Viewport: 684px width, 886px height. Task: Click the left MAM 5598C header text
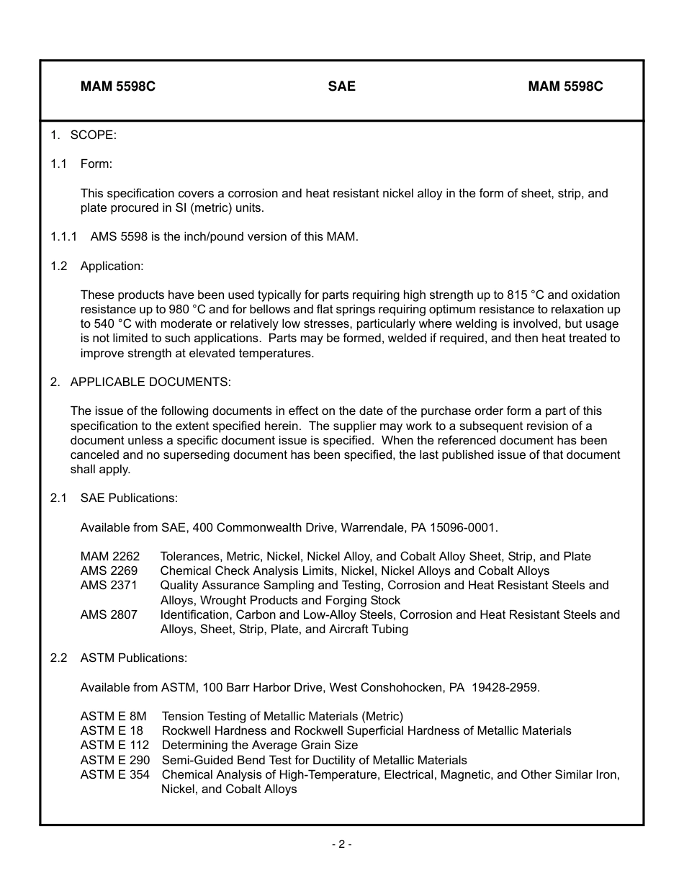(118, 86)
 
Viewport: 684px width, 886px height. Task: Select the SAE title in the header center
(341, 86)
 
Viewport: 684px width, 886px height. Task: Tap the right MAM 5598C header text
(565, 86)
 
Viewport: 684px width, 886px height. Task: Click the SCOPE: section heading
(93, 135)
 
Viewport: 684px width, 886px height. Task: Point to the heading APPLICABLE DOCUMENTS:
(150, 382)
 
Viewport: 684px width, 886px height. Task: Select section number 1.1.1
(64, 236)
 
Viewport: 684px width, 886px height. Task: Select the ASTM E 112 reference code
(114, 745)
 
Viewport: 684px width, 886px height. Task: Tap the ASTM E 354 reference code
(115, 774)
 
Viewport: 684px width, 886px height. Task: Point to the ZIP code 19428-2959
(505, 687)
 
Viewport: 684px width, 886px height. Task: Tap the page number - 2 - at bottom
(341, 844)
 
